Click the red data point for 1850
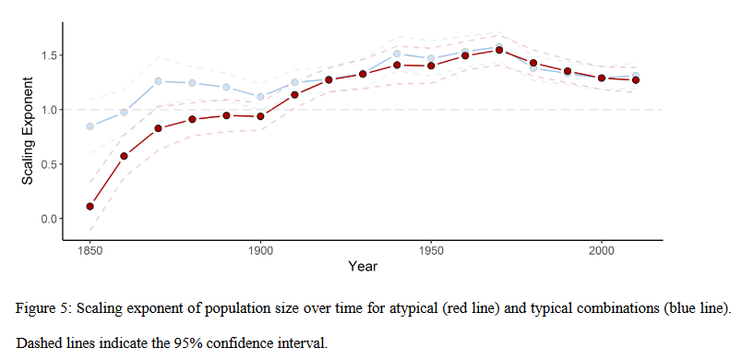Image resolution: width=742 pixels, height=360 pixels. (90, 206)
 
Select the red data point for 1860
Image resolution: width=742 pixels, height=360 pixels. (124, 156)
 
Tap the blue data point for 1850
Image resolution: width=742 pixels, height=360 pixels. (90, 126)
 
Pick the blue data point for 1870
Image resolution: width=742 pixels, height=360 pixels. (158, 81)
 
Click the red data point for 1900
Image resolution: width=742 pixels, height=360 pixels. (260, 116)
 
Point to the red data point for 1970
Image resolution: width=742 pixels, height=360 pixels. (499, 50)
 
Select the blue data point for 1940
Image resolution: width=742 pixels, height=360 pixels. (397, 54)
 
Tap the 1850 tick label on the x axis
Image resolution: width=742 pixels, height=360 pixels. (90, 249)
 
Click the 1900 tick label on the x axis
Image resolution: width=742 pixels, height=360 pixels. (260, 249)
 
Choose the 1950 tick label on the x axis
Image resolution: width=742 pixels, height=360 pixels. (431, 249)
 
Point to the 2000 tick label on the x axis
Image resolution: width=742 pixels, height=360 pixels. (602, 249)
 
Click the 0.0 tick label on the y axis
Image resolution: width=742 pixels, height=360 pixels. (47, 219)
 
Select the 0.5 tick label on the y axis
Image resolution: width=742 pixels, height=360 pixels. (47, 164)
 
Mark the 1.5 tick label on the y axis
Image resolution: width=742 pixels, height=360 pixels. (47, 55)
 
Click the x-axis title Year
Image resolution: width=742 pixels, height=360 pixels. (362, 266)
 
